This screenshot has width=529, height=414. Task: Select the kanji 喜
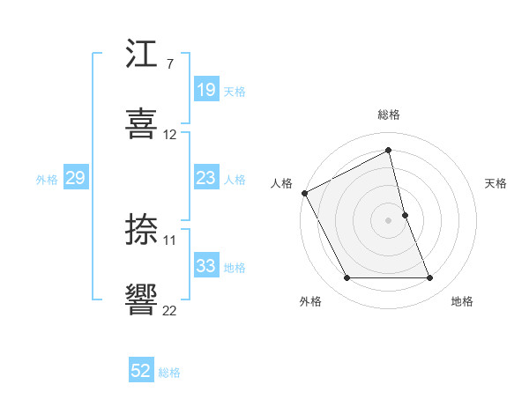[142, 122]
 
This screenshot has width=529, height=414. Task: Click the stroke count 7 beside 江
[169, 64]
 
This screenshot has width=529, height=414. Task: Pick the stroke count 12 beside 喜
[170, 135]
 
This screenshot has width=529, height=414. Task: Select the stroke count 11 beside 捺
[170, 240]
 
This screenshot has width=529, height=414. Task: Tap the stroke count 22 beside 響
[170, 310]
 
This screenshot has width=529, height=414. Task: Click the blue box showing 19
[206, 90]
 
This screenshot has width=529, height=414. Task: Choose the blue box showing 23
[206, 178]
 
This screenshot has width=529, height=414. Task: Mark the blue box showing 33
[206, 266]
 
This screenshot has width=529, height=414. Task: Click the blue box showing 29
[75, 178]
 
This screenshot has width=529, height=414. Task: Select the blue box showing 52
[141, 371]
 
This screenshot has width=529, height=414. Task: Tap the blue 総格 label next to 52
[169, 373]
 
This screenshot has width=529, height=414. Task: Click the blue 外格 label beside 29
[47, 180]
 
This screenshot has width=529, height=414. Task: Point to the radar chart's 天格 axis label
[496, 183]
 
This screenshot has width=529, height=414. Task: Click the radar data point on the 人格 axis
[304, 193]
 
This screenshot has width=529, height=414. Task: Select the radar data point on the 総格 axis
[389, 151]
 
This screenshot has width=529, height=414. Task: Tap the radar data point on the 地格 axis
[430, 278]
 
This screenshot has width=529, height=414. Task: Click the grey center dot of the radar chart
[389, 220]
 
